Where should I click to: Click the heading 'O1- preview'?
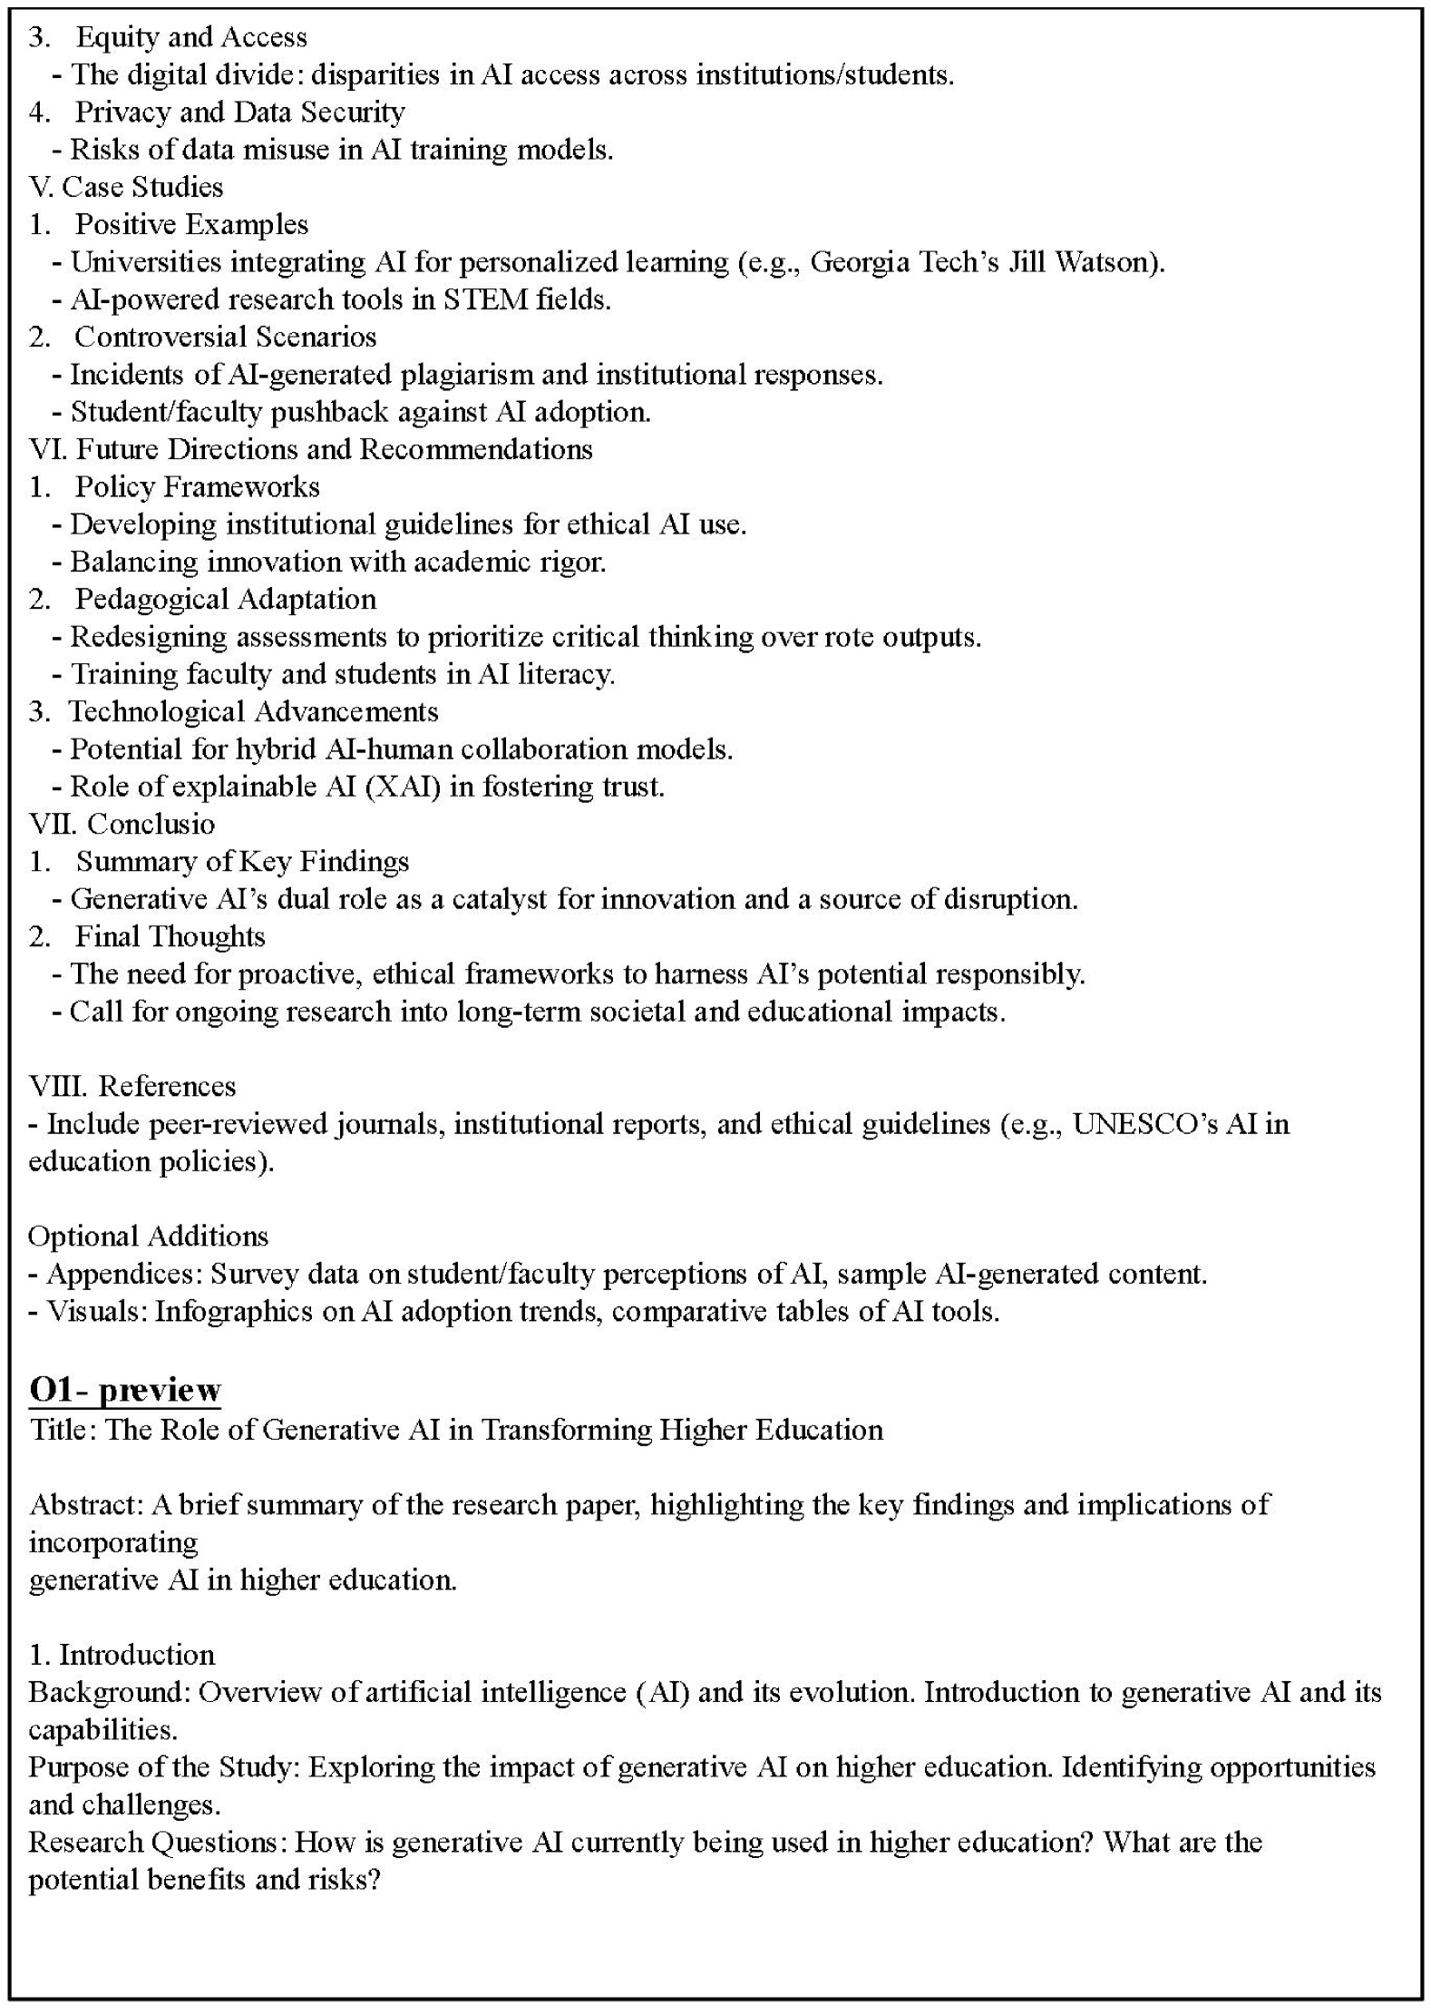[x=125, y=1389]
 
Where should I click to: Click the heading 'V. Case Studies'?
[x=126, y=187]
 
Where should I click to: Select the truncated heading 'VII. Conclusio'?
[x=122, y=824]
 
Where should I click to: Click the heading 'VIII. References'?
[x=132, y=1086]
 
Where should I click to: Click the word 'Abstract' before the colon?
[x=85, y=1504]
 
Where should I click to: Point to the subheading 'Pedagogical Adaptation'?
[x=225, y=599]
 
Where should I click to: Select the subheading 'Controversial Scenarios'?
[x=225, y=337]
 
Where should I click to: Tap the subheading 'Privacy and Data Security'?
[x=239, y=112]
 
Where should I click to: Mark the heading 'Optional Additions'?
[x=149, y=1236]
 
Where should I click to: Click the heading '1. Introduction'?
[x=122, y=1655]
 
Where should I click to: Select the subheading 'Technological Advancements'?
[x=253, y=711]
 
